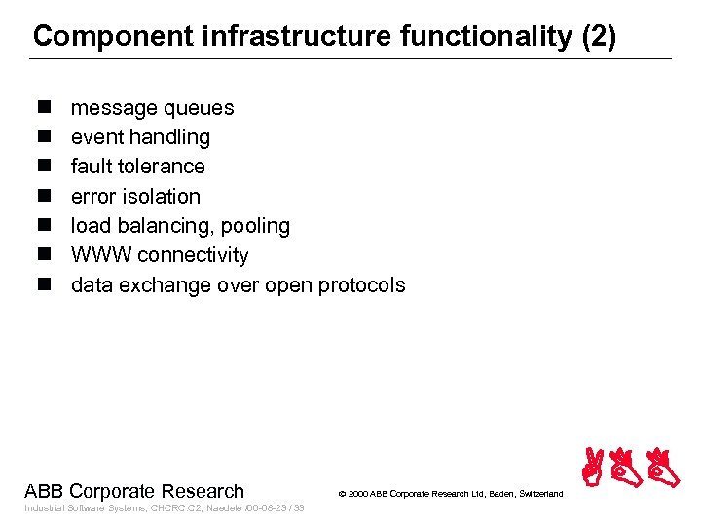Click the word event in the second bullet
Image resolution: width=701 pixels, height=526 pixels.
[x=96, y=137]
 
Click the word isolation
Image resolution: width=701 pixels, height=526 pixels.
[x=163, y=197]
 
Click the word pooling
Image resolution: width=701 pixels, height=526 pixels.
[x=255, y=226]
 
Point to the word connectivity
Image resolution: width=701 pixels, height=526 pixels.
[x=193, y=255]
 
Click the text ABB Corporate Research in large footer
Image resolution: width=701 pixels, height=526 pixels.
[x=134, y=491]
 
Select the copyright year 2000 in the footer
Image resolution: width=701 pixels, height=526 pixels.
[x=358, y=494]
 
